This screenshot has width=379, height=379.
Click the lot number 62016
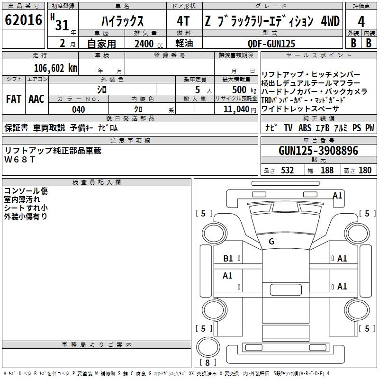[x=22, y=21]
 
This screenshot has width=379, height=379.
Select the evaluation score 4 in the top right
[x=361, y=21]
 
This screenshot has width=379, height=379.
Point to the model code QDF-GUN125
[x=271, y=44]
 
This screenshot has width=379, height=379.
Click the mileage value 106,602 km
[x=55, y=68]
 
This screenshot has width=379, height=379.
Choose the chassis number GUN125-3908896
[x=318, y=151]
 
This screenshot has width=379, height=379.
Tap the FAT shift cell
[x=13, y=99]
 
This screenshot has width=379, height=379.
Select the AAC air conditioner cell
[x=36, y=99]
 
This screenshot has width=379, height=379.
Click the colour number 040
[x=79, y=109]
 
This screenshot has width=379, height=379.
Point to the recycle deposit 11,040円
[x=240, y=109]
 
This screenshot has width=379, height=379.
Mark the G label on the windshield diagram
[x=271, y=242]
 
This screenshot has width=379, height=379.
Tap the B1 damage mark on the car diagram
[x=228, y=259]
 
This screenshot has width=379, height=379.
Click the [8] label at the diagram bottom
[x=208, y=363]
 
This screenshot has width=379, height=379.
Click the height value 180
[x=365, y=170]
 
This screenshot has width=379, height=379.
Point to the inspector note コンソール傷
[x=26, y=191]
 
